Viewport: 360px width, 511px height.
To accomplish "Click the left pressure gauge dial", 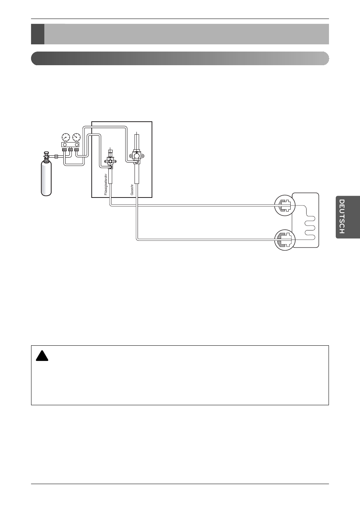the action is click(66, 137).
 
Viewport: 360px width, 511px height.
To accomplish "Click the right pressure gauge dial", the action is click(76, 137).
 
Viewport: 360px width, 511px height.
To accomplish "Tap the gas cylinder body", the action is click(46, 178).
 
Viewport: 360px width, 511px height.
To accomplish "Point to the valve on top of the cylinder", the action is click(46, 155).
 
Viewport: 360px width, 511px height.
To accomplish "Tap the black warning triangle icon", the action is click(41, 356).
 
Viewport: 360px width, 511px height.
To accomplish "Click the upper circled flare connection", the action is click(284, 205).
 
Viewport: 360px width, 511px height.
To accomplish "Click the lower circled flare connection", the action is click(284, 239).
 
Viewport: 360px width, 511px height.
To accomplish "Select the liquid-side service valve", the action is click(110, 161).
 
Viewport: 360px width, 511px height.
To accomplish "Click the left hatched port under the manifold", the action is click(64, 150).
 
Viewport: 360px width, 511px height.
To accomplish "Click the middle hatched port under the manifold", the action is click(70, 150).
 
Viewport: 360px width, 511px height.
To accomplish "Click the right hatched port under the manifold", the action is click(77, 150).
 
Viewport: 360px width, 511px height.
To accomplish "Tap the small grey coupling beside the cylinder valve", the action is click(56, 156).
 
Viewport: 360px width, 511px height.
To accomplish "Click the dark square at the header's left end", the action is click(38, 34).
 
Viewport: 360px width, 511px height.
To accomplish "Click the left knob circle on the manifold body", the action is click(65, 144).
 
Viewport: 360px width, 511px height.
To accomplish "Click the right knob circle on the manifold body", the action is click(77, 144).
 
